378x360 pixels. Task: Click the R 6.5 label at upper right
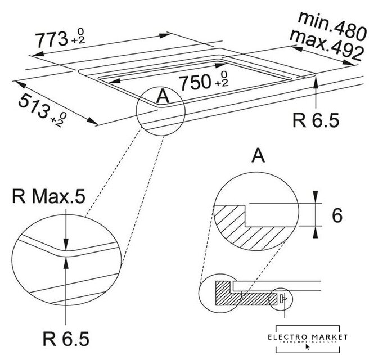pyautogui.click(x=316, y=119)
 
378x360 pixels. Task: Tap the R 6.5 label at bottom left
pyautogui.click(x=66, y=339)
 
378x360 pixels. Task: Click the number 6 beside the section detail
pyautogui.click(x=337, y=215)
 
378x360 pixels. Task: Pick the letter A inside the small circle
pyautogui.click(x=162, y=97)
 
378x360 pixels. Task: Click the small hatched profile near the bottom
pyautogui.click(x=225, y=292)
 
